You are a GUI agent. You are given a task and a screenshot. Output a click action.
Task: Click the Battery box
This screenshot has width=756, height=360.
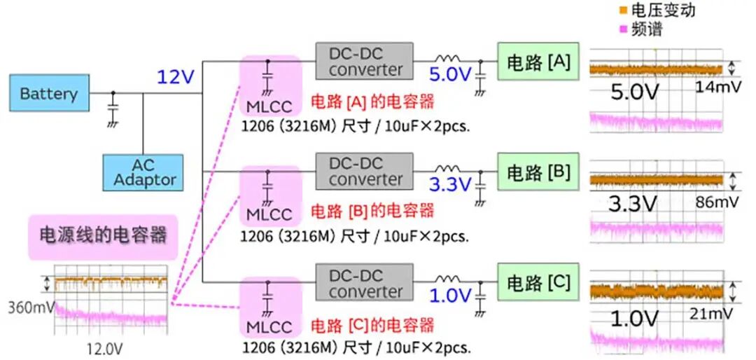(x=49, y=93)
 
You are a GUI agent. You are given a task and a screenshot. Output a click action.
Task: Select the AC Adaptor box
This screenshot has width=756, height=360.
(x=143, y=172)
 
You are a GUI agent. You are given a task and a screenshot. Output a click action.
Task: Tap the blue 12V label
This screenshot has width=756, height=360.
(x=174, y=76)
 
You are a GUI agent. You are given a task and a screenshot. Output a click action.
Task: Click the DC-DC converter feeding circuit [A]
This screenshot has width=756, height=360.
(x=365, y=61)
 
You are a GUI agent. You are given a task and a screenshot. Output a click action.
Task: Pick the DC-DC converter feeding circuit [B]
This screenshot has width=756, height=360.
(x=365, y=172)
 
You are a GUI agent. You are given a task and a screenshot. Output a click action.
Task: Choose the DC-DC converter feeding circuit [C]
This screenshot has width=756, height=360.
(x=365, y=283)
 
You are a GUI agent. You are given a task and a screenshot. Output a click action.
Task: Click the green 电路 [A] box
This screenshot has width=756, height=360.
(x=538, y=62)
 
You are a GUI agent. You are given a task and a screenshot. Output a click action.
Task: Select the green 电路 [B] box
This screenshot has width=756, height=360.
(x=538, y=172)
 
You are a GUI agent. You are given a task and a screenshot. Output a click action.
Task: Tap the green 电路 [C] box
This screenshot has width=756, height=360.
(x=538, y=283)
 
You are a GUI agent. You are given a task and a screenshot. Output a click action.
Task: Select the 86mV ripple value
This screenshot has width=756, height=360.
(x=714, y=202)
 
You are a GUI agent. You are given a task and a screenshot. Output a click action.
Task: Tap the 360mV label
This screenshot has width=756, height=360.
(x=28, y=307)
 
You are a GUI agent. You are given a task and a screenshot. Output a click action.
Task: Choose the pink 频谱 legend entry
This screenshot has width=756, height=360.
(x=640, y=29)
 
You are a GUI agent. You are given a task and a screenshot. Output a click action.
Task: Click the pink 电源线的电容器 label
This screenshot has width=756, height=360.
(x=102, y=234)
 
